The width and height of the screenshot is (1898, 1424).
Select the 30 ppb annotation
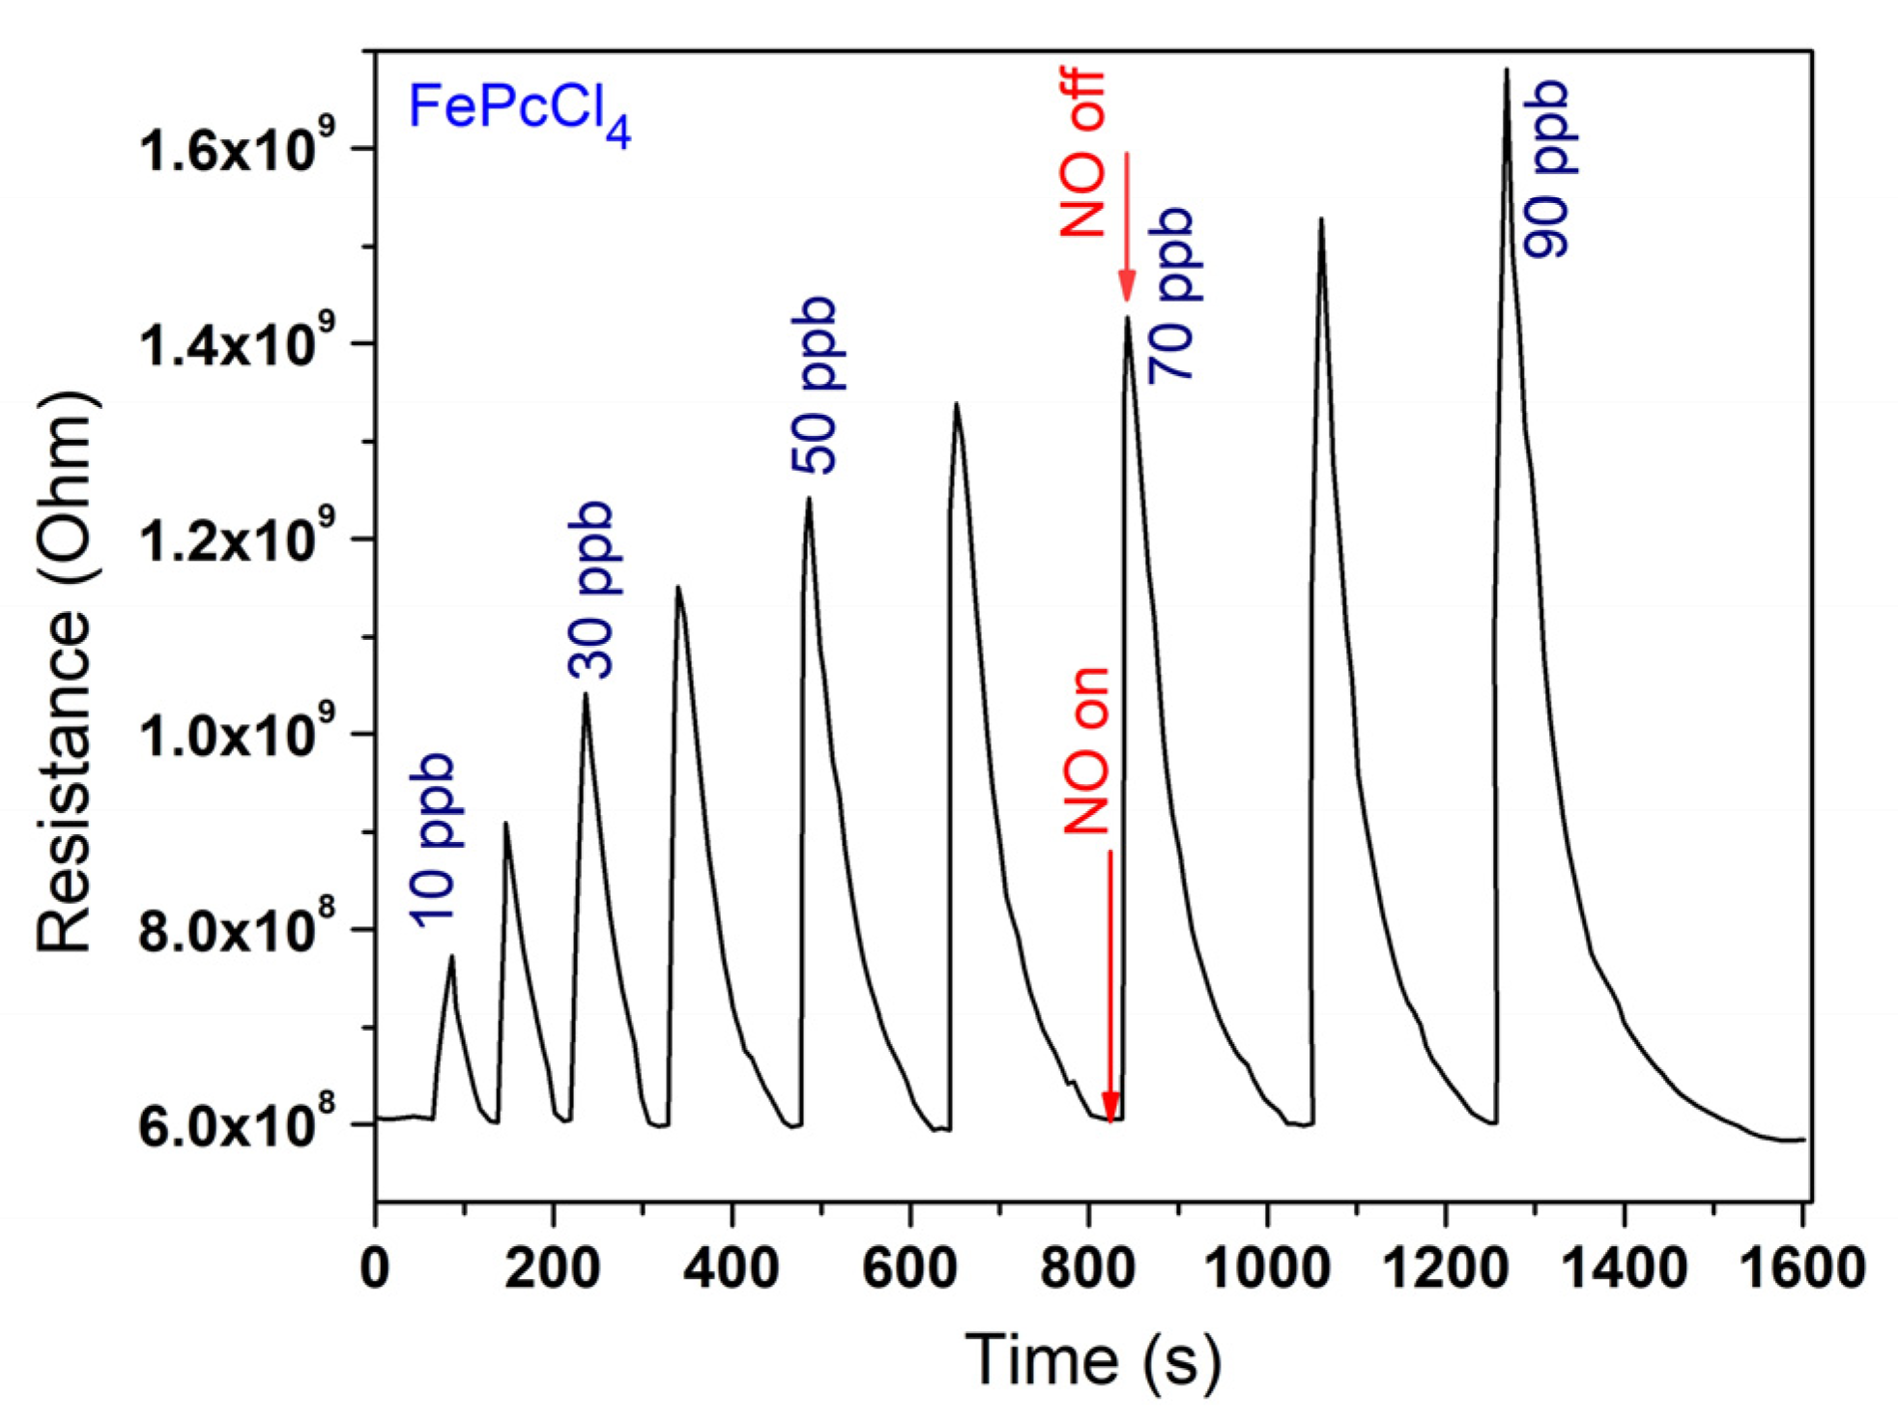590,590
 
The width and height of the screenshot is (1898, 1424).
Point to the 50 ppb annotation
813,386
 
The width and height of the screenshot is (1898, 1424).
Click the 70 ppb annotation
1171,295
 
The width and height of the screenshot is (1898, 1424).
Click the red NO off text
1082,154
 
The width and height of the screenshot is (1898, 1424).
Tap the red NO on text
1087,750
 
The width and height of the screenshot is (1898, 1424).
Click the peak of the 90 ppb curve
1506,70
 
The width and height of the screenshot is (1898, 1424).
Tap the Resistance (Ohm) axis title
65,672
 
